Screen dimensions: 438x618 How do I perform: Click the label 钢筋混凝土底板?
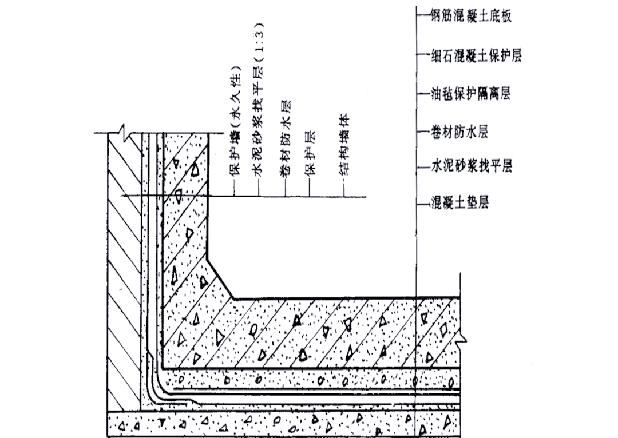pyautogui.click(x=470, y=14)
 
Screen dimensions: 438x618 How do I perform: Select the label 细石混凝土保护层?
pyautogui.click(x=476, y=55)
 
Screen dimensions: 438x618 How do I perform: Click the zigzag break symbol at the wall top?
pyautogui.click(x=125, y=133)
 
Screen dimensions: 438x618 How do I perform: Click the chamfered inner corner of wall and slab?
pyautogui.click(x=220, y=280)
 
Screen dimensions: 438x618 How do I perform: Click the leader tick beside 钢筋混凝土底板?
pyautogui.click(x=423, y=14)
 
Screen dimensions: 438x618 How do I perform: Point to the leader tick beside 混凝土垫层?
pyautogui.click(x=423, y=202)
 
